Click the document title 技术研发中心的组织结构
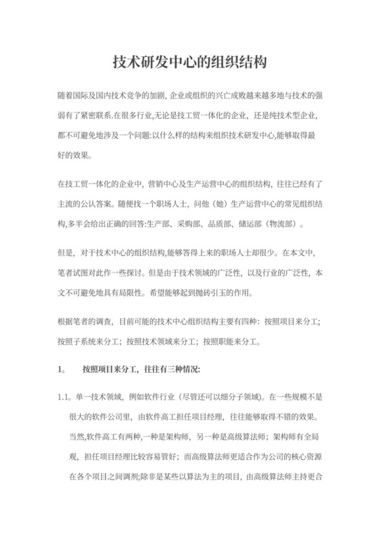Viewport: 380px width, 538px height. coord(189,62)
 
